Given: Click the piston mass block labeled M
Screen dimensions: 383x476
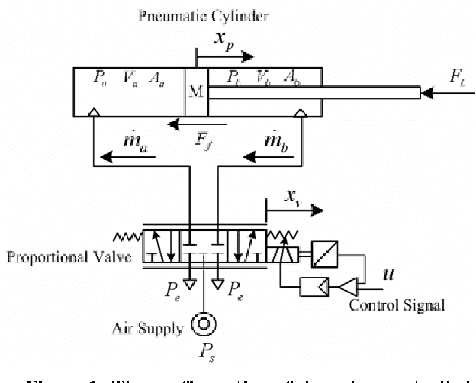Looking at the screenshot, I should (196, 93).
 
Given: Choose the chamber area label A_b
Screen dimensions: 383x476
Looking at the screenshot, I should (291, 77).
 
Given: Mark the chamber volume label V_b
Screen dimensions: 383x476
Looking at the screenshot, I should (262, 77).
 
